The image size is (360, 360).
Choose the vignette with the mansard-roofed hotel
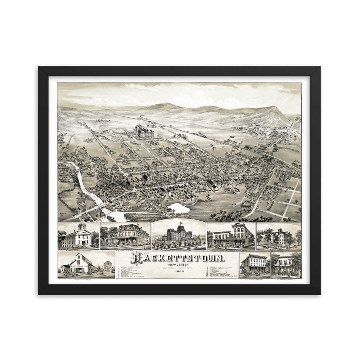tap(125, 236)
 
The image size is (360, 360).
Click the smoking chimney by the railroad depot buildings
tap(230, 139)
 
